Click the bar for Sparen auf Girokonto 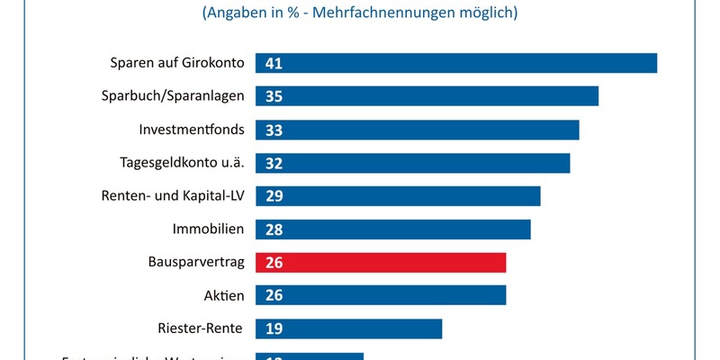click(456, 63)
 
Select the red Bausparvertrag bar click(381, 262)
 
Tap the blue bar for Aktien click(381, 295)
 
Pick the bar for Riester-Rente click(349, 328)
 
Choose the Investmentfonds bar click(418, 130)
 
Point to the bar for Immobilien click(393, 229)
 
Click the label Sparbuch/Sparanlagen click(172, 96)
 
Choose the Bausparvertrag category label click(195, 262)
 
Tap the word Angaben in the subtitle click(239, 13)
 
